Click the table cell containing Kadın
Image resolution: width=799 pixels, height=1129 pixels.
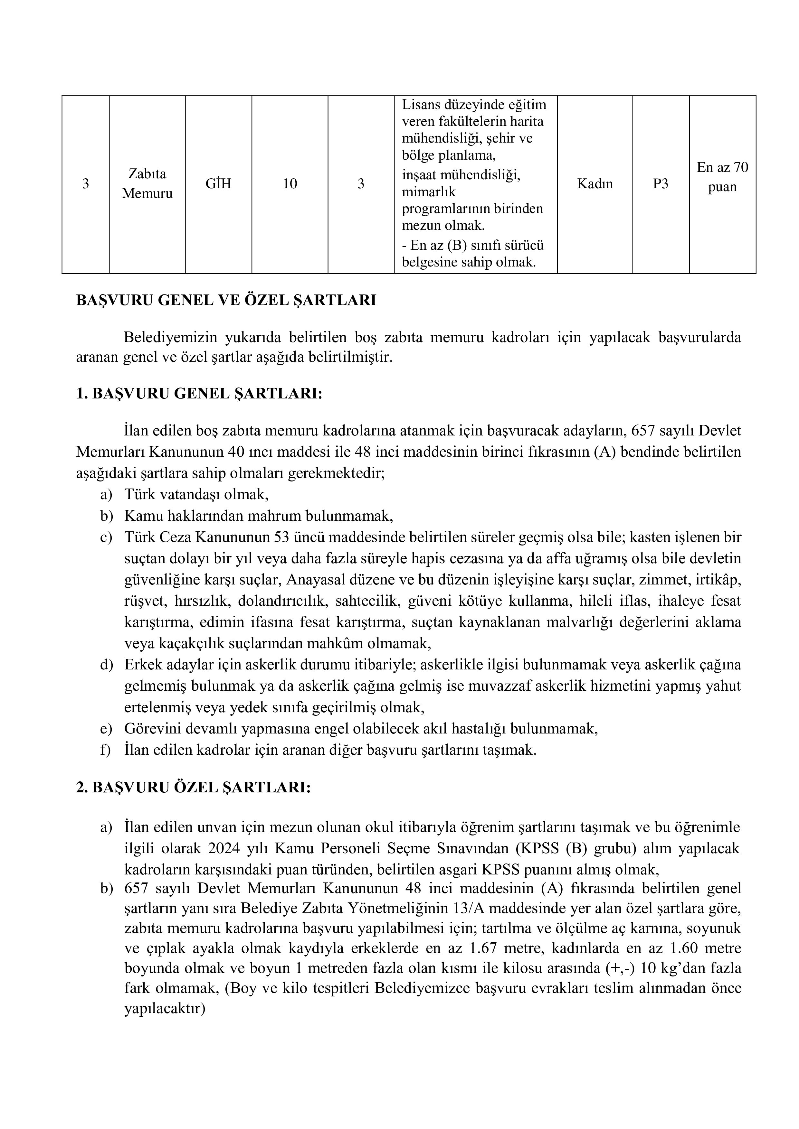pos(595,184)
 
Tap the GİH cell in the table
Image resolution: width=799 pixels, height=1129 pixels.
pos(218,184)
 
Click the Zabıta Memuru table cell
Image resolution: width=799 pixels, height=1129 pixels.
pos(147,183)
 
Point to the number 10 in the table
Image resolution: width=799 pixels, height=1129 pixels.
pos(290,184)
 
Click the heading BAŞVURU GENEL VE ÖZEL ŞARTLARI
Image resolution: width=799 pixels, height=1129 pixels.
pos(226,301)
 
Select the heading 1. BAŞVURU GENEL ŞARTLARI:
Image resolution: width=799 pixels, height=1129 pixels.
pos(199,394)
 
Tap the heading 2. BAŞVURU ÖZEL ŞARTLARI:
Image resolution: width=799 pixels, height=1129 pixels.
pos(193,788)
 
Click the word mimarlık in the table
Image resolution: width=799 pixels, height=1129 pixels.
pos(429,192)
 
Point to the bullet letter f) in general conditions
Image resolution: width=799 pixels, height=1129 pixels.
pos(106,750)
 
